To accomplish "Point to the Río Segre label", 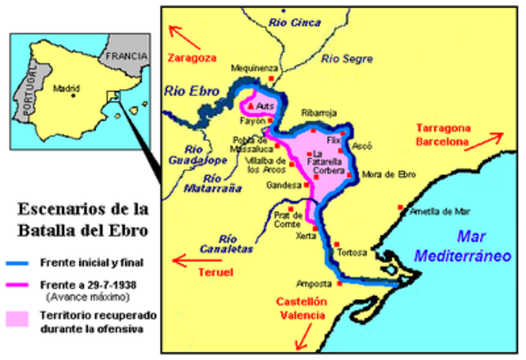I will (x=346, y=58).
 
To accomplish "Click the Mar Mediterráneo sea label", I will (x=462, y=246).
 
